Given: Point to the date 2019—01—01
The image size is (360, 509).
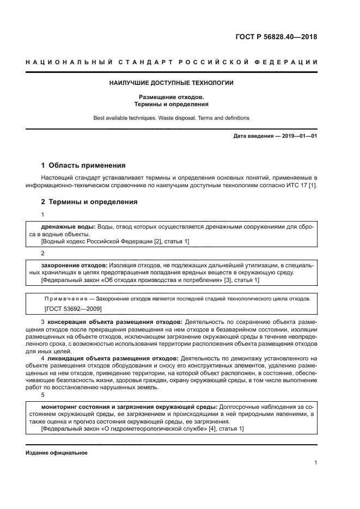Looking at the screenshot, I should click(x=299, y=136).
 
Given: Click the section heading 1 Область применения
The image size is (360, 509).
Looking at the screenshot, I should click(x=83, y=165).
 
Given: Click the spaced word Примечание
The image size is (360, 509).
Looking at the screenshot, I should click(x=68, y=299).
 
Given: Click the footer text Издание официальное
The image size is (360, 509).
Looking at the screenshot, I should click(x=56, y=453).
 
